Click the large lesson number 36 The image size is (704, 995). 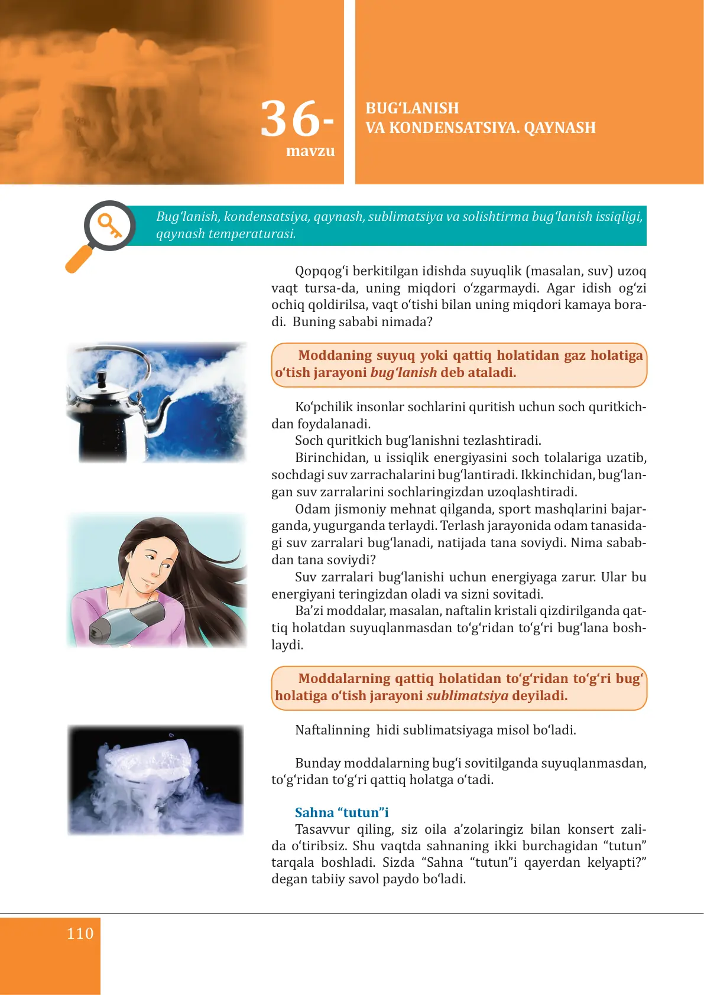(290, 119)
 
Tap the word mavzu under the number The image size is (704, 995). (310, 151)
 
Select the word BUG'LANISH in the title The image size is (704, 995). (412, 108)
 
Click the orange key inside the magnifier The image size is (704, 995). (109, 226)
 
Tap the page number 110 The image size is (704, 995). (80, 934)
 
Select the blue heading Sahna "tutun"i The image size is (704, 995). (342, 812)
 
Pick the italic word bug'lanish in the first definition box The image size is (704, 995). (403, 372)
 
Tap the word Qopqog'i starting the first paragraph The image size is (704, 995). (322, 271)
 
